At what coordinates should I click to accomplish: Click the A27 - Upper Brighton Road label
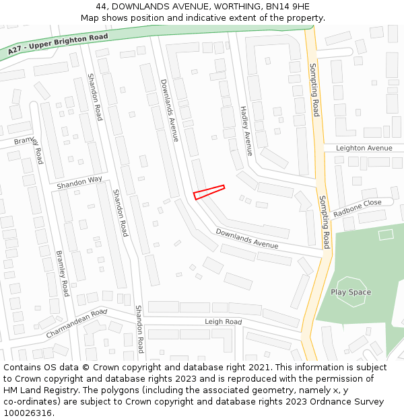click(x=57, y=44)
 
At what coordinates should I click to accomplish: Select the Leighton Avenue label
click(x=364, y=148)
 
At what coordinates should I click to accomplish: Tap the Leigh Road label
click(x=223, y=323)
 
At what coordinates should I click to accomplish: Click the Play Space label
click(x=351, y=292)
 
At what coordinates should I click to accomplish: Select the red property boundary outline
click(x=209, y=192)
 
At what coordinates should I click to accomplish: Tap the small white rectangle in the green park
click(x=386, y=235)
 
